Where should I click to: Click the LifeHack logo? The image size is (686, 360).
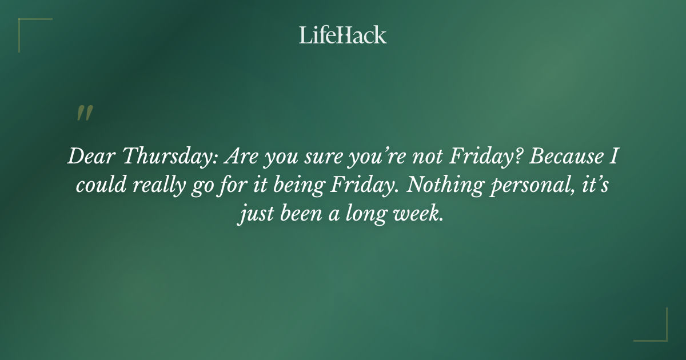[343, 35]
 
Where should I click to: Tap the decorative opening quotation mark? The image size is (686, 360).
[84, 114]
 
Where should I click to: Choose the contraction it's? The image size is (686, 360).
[596, 186]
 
